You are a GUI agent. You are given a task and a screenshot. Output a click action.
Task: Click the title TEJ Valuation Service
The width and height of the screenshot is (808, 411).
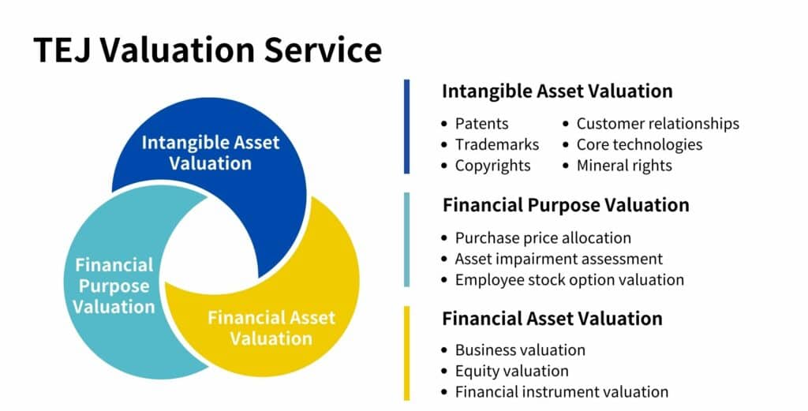coord(208,50)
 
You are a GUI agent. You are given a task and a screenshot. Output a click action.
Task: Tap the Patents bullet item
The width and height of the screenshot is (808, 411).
coord(481,124)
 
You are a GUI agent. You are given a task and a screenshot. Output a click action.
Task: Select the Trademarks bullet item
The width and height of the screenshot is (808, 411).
coord(496,144)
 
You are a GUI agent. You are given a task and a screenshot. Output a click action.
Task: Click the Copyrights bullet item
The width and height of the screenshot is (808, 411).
coord(492,166)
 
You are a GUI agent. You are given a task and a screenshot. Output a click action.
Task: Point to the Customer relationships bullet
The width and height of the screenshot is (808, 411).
coord(657,124)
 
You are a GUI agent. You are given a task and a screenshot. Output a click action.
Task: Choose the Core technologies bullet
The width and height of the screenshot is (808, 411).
coord(638,144)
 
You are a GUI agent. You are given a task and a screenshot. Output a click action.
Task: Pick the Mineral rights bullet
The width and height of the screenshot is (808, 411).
coord(623,166)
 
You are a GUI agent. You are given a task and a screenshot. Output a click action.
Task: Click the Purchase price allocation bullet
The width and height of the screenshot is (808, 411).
coord(543,237)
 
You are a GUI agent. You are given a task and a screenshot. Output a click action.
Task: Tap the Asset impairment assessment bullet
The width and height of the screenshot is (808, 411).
coord(558,259)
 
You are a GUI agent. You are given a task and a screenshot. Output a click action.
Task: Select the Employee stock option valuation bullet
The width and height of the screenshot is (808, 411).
coord(569,280)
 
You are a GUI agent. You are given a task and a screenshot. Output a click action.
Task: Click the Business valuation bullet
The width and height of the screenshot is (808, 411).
coord(520,349)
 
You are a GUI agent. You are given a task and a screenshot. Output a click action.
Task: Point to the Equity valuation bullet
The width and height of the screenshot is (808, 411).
coord(511,371)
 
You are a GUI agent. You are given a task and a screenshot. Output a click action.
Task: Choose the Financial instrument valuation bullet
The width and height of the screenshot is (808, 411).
coord(561,392)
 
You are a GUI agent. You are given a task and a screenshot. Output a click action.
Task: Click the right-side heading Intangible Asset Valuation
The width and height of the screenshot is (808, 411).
coord(557,92)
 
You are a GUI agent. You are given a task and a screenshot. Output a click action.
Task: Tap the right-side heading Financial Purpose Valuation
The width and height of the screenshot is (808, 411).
coord(566,205)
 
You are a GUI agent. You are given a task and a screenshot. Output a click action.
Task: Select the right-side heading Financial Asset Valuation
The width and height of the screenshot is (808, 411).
coord(552,319)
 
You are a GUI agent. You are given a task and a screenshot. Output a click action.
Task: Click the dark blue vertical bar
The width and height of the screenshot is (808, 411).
coord(406,126)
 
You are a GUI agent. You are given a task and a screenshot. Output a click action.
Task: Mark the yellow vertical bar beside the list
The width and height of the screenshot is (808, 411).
coord(406,353)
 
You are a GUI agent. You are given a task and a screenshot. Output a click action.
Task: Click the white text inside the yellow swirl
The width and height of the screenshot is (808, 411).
coord(271,328)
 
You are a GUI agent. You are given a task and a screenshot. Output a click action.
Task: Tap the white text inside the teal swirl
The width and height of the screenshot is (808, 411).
coord(114,286)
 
